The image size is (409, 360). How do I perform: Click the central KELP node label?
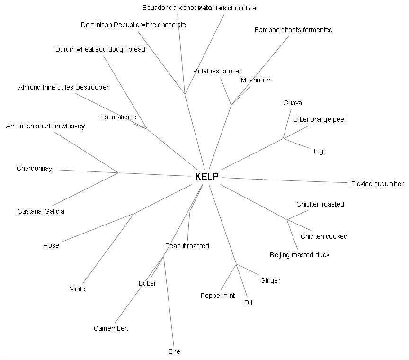[x=207, y=177]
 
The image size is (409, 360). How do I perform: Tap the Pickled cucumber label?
[x=377, y=184]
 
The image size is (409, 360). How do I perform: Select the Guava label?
[x=293, y=103]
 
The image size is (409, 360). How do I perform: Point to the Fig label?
[x=318, y=151]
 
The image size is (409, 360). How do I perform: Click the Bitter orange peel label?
[x=319, y=119]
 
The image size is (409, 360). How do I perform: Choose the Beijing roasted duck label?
[x=300, y=255]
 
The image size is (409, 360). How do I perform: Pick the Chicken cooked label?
[x=324, y=236]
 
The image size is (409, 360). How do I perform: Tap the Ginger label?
[x=270, y=280]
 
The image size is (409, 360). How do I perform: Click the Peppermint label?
[x=218, y=296]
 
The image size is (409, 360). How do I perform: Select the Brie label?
[x=174, y=351]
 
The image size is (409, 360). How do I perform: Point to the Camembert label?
[x=111, y=328]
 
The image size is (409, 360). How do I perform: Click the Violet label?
[x=79, y=289]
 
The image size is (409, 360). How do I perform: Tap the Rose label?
[x=51, y=245]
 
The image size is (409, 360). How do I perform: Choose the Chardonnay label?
[x=35, y=168]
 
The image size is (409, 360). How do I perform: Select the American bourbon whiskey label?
[x=45, y=126]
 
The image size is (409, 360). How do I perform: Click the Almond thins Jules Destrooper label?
[x=63, y=87]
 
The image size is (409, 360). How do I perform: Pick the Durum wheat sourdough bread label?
[x=100, y=49]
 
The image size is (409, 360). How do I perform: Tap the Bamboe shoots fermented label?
[x=293, y=30]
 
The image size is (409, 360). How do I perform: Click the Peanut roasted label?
[x=187, y=246]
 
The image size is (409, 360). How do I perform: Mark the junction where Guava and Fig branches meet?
[x=284, y=138]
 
